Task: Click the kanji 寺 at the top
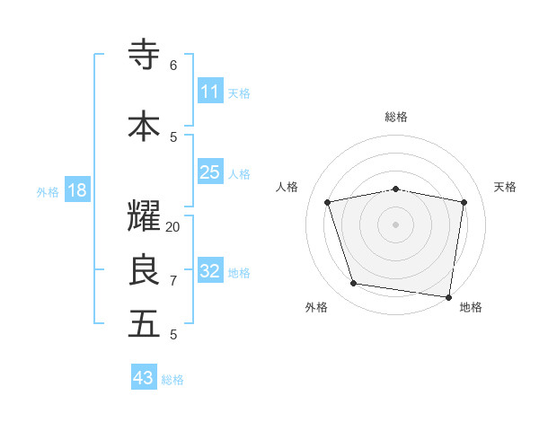pyautogui.click(x=144, y=55)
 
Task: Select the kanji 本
pyautogui.click(x=144, y=126)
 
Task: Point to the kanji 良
pyautogui.click(x=144, y=270)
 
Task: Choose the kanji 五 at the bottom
pyautogui.click(x=144, y=324)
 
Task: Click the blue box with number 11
pyautogui.click(x=209, y=91)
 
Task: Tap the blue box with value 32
pyautogui.click(x=209, y=270)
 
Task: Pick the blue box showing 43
pyautogui.click(x=144, y=377)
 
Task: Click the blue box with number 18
pyautogui.click(x=76, y=190)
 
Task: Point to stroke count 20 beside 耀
pyautogui.click(x=173, y=227)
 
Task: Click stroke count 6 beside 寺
pyautogui.click(x=173, y=65)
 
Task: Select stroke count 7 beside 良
pyautogui.click(x=173, y=281)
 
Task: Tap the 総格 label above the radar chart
pyautogui.click(x=396, y=117)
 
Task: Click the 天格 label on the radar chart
pyautogui.click(x=505, y=187)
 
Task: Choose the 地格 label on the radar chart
pyautogui.click(x=471, y=307)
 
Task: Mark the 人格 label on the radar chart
pyautogui.click(x=287, y=187)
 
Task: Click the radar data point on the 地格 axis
pyautogui.click(x=449, y=296)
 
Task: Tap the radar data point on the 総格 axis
pyautogui.click(x=396, y=189)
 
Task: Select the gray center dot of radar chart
pyautogui.click(x=396, y=224)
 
